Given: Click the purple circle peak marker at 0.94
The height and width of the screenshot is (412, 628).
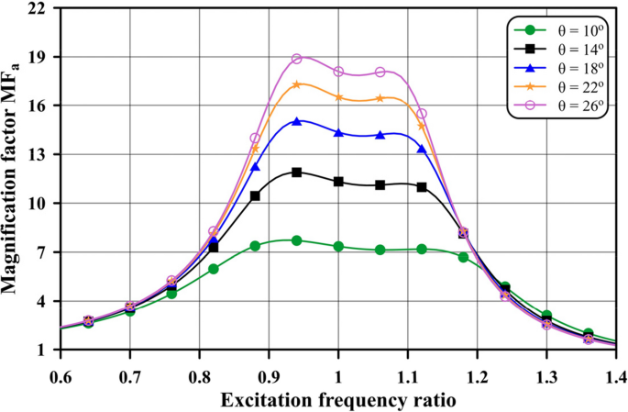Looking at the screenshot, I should coord(297,59).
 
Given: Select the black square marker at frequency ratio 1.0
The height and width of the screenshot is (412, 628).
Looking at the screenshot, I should coord(338,182).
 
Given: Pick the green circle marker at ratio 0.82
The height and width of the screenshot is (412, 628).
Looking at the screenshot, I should coord(214,269).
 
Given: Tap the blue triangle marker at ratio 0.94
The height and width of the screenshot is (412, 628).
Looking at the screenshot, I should coord(297,121).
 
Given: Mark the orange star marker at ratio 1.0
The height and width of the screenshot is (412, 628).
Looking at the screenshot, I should coord(338,96).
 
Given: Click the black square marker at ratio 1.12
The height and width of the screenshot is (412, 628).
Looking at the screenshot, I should coord(422,187).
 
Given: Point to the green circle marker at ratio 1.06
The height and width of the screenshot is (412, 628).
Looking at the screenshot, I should coord(380,250).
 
